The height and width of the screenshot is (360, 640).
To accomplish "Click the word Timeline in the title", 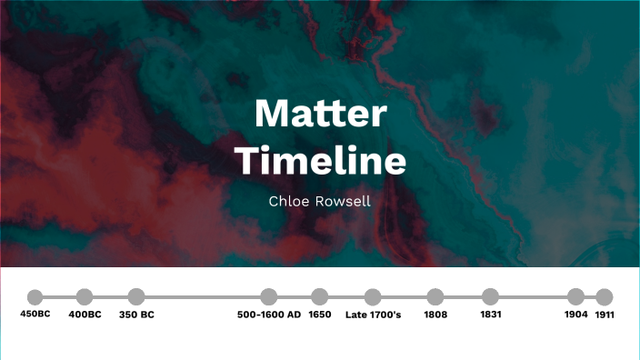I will pos(320,161).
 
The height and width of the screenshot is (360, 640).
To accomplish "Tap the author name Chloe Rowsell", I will pos(320,201).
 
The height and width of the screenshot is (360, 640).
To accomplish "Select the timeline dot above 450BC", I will pos(35,297).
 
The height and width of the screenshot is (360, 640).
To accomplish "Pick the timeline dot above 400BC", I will pos(85,296).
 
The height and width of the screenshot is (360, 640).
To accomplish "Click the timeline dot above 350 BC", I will pos(136,296).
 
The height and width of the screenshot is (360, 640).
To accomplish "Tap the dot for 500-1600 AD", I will pos(268,296).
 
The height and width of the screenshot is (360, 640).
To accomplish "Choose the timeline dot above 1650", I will pos(319,296).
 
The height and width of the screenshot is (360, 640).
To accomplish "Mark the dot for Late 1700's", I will pos(373,296).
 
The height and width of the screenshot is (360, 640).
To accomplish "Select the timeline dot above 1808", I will pos(435,296).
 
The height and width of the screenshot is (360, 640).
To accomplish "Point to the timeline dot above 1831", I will pos(490,296).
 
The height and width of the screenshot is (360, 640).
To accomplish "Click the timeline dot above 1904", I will pos(575,296).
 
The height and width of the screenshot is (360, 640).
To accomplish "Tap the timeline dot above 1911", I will pos(605,296).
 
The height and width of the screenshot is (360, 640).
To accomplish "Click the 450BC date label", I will pos(35,315).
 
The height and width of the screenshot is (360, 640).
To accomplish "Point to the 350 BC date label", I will pos(136,315).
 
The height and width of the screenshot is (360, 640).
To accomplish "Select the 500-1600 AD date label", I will pos(268,315).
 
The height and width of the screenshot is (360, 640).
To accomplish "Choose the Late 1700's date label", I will pos(373,315).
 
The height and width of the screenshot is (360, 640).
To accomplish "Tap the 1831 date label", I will pos(490,315).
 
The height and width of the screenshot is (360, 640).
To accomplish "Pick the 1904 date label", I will pos(575,315).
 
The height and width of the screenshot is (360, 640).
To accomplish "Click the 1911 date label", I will pos(605,315).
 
